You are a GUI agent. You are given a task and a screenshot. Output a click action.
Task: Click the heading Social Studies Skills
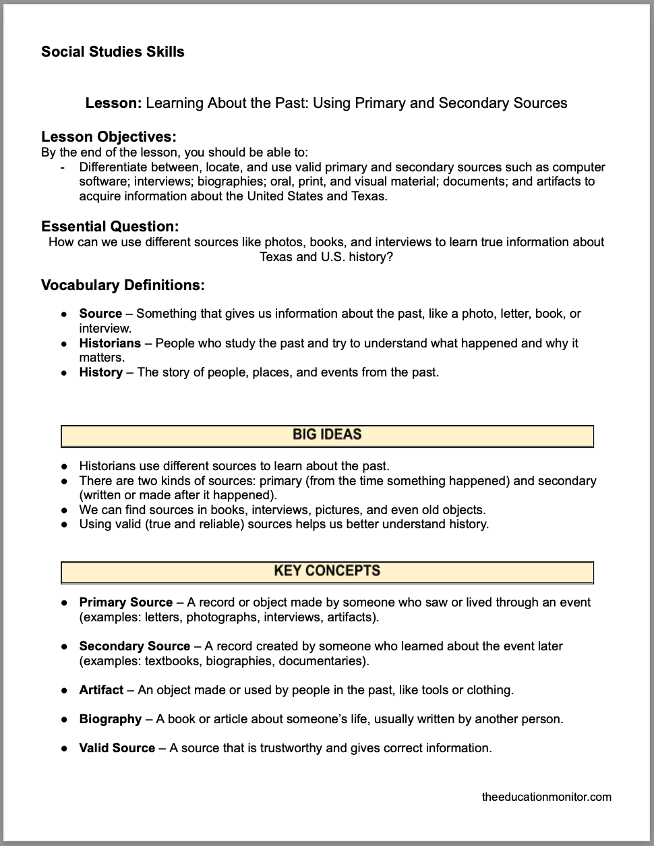pyautogui.click(x=113, y=52)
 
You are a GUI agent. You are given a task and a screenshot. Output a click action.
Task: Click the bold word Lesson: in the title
pyautogui.click(x=113, y=103)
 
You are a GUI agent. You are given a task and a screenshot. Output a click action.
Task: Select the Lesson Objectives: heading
pyautogui.click(x=109, y=138)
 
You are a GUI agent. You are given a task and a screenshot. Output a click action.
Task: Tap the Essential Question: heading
pyautogui.click(x=110, y=226)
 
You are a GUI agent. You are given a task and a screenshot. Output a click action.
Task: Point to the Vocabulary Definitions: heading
pyautogui.click(x=123, y=285)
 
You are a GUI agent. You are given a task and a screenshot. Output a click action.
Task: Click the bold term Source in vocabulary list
pyautogui.click(x=100, y=314)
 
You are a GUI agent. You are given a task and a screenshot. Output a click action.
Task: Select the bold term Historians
pyautogui.click(x=110, y=343)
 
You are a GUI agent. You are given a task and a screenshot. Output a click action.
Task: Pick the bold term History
pyautogui.click(x=100, y=372)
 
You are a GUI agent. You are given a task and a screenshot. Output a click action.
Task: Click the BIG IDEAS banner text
pyautogui.click(x=327, y=435)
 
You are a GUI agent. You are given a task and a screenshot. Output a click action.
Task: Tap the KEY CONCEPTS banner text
pyautogui.click(x=327, y=571)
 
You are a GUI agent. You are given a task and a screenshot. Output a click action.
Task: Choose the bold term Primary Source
pyautogui.click(x=126, y=602)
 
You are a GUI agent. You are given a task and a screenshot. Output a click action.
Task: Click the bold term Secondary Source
pyautogui.click(x=134, y=646)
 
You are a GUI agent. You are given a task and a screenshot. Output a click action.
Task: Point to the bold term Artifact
pyautogui.click(x=101, y=690)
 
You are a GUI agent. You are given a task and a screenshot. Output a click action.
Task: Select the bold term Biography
pyautogui.click(x=111, y=719)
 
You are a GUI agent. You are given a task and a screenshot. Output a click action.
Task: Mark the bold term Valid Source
pyautogui.click(x=117, y=748)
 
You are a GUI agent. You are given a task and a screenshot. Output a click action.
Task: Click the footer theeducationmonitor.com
pyautogui.click(x=547, y=797)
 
